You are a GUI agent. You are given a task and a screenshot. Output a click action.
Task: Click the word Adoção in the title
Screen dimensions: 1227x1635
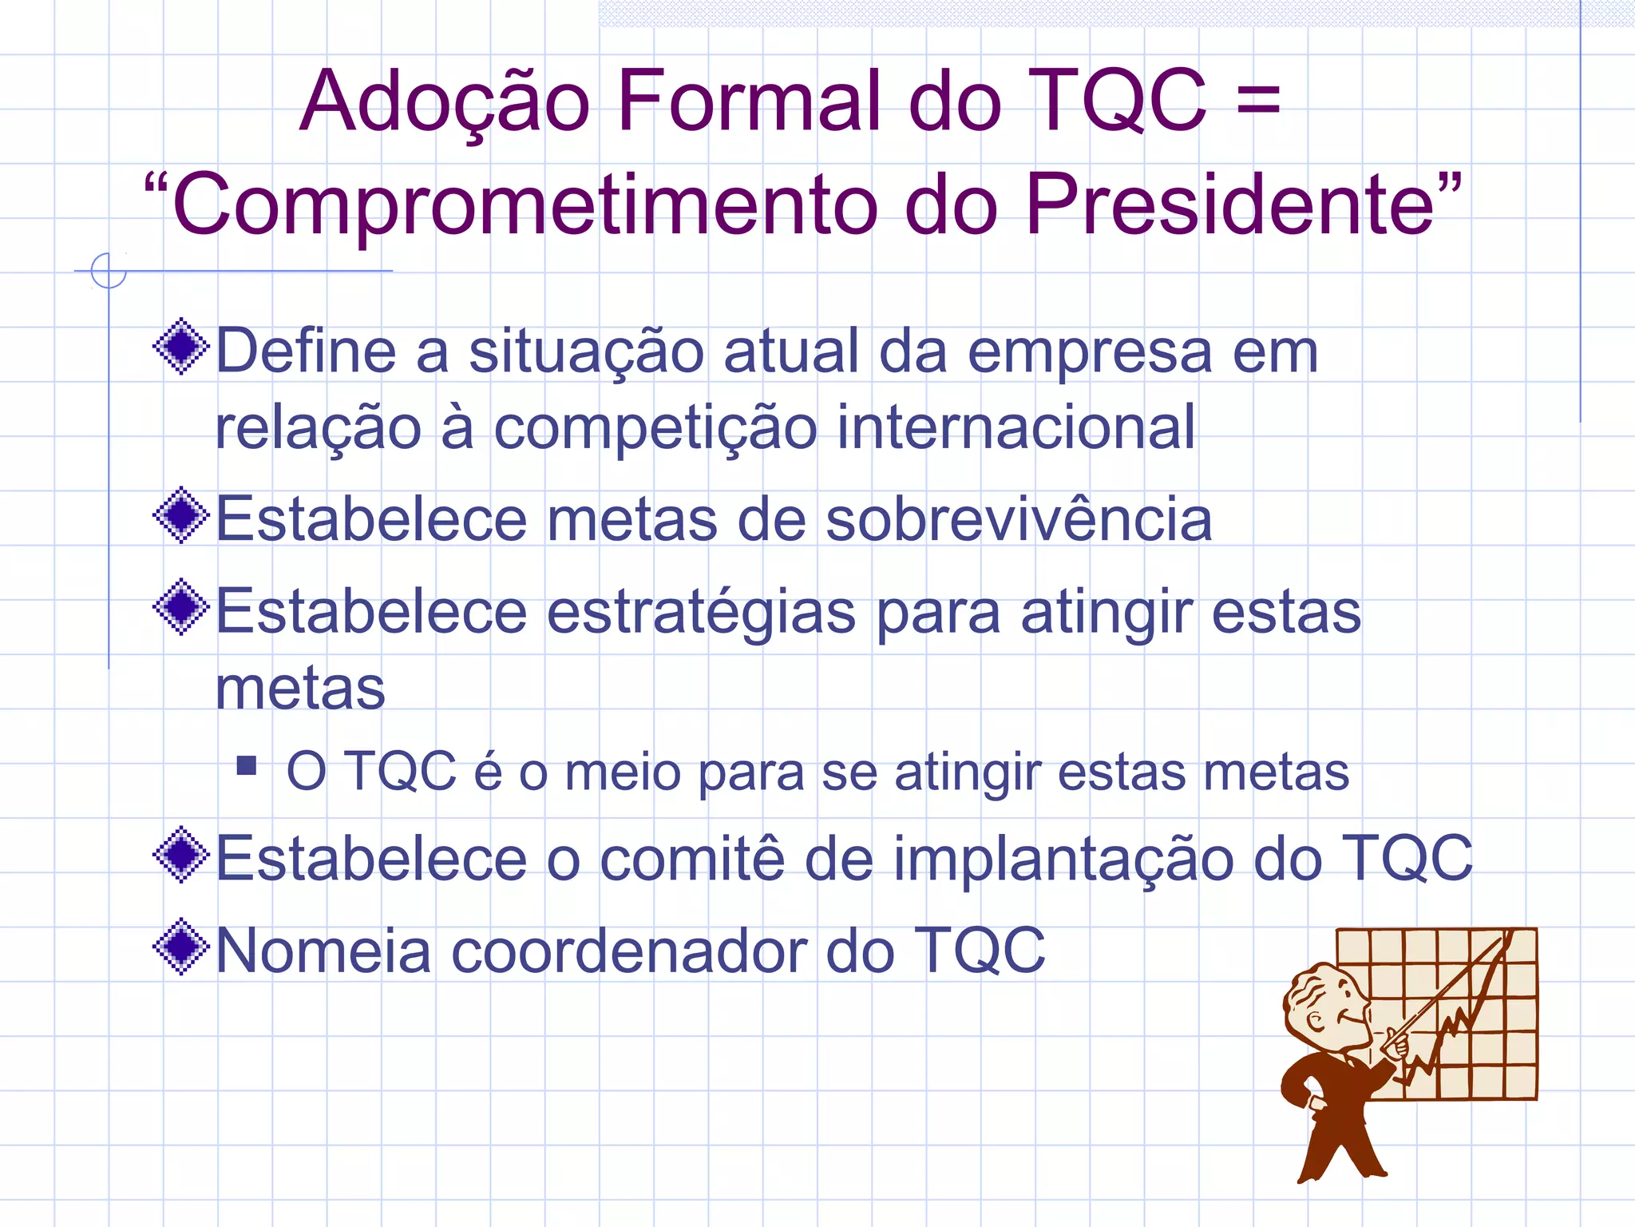pos(444,102)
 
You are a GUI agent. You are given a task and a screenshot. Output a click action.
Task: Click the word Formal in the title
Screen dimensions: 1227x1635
pos(749,102)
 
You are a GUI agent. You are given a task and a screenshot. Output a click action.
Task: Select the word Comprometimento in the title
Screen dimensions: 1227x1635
pos(524,206)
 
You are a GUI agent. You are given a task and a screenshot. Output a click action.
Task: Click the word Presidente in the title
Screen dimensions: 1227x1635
pos(1229,206)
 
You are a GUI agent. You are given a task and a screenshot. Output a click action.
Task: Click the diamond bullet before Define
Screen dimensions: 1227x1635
pos(182,347)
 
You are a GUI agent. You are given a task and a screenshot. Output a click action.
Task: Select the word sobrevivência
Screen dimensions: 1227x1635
pos(1018,519)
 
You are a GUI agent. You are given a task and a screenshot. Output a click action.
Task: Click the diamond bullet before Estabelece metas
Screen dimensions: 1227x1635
pos(182,515)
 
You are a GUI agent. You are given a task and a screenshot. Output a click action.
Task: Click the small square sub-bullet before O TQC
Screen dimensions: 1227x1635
pos(247,767)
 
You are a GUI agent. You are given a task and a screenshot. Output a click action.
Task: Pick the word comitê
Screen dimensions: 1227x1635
pos(691,859)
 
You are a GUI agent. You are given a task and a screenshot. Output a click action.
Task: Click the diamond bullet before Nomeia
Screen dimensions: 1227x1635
pos(182,947)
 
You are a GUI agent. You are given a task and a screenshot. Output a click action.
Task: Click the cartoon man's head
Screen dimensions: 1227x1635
pos(1325,1007)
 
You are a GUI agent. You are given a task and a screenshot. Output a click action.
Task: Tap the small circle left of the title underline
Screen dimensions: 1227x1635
pos(109,271)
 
